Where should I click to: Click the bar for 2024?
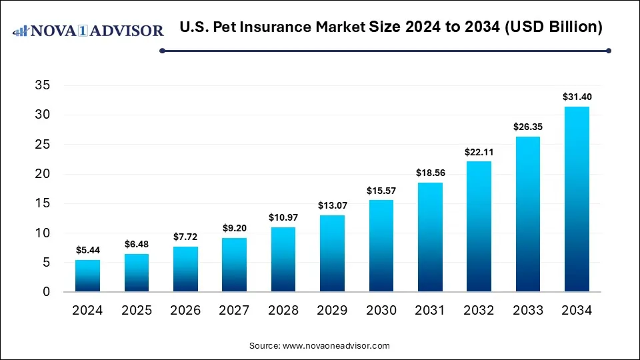[x=87, y=275]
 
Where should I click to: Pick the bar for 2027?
[x=234, y=265]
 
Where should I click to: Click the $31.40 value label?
[x=577, y=97]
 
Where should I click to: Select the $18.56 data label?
[x=430, y=173]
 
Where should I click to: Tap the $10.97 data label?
[x=283, y=217]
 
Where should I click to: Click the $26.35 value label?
[x=528, y=127]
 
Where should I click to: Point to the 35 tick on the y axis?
[x=41, y=85]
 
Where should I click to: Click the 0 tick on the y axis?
[x=46, y=292]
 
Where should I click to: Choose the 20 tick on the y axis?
[x=41, y=174]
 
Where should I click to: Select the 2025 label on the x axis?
[x=136, y=311]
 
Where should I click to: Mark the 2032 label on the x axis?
[x=479, y=311]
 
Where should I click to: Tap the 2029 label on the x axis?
[x=332, y=311]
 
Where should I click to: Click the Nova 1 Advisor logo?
[x=89, y=31]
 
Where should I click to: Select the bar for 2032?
[x=479, y=226]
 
